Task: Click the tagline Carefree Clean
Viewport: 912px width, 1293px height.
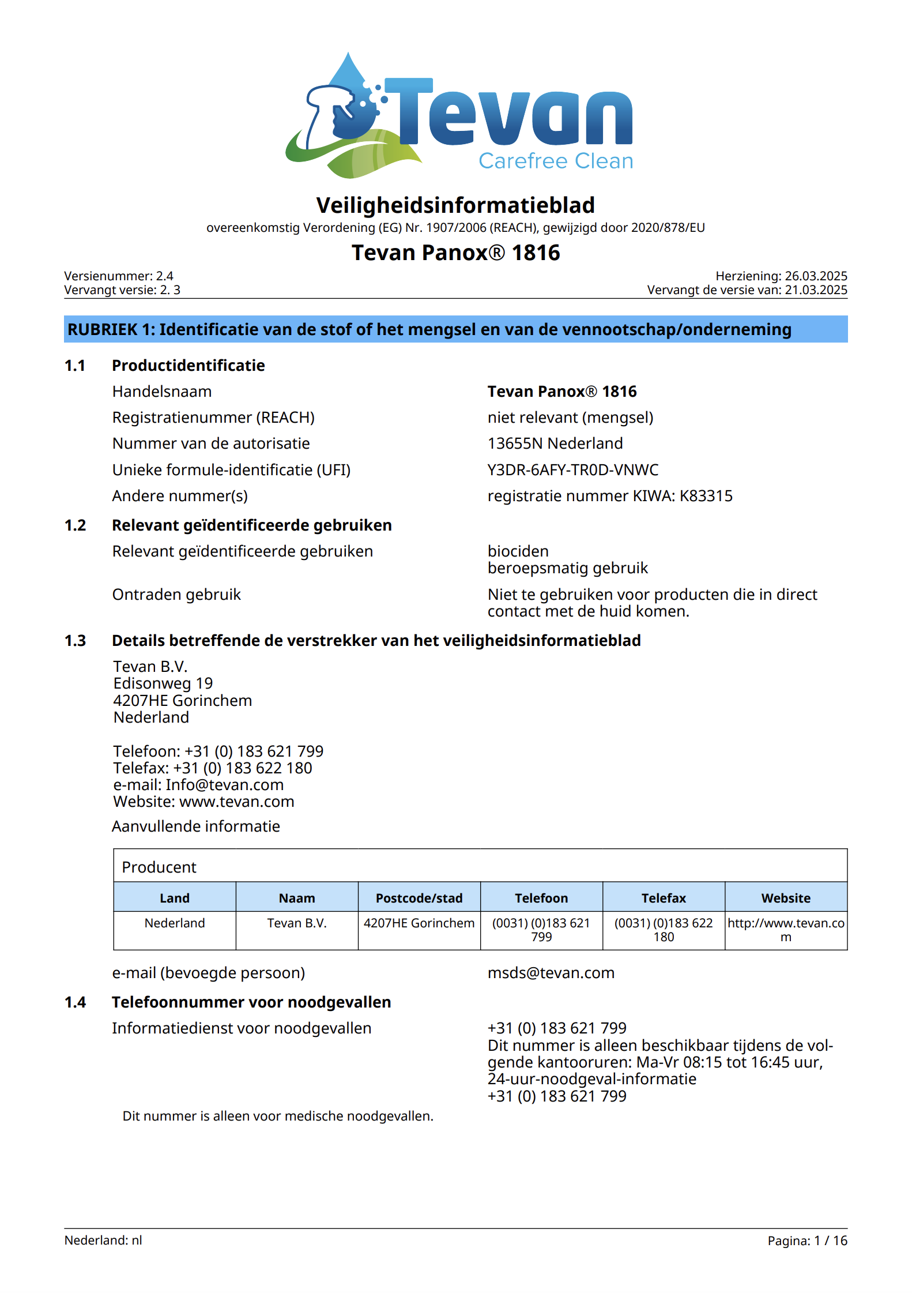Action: tap(555, 161)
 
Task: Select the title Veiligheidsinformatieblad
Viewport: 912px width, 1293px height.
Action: tap(455, 205)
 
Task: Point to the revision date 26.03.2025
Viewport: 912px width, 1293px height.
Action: tap(816, 276)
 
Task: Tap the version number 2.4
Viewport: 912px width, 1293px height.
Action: tap(164, 276)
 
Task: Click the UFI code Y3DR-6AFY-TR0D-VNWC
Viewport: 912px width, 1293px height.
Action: tap(572, 470)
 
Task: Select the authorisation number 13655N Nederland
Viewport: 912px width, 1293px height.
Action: tap(555, 443)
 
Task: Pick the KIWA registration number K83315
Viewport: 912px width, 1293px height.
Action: tap(706, 496)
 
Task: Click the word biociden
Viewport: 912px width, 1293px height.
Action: tap(518, 551)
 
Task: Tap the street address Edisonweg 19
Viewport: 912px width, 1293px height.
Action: tap(163, 683)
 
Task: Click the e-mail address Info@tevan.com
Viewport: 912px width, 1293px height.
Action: tap(224, 785)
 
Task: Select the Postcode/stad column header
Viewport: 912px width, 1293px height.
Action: tap(419, 898)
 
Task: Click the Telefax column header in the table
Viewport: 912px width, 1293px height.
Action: tap(664, 898)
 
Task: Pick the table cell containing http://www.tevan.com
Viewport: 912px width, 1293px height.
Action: tap(786, 930)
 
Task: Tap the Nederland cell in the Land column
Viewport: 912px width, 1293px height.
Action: tap(175, 923)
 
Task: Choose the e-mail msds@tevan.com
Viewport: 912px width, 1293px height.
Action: tap(551, 973)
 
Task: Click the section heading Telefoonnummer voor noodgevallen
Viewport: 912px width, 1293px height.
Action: tap(251, 1002)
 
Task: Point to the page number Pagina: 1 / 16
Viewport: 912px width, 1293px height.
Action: tap(807, 1241)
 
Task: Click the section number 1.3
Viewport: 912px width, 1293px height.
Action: tap(75, 641)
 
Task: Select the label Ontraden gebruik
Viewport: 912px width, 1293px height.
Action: tap(176, 595)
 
